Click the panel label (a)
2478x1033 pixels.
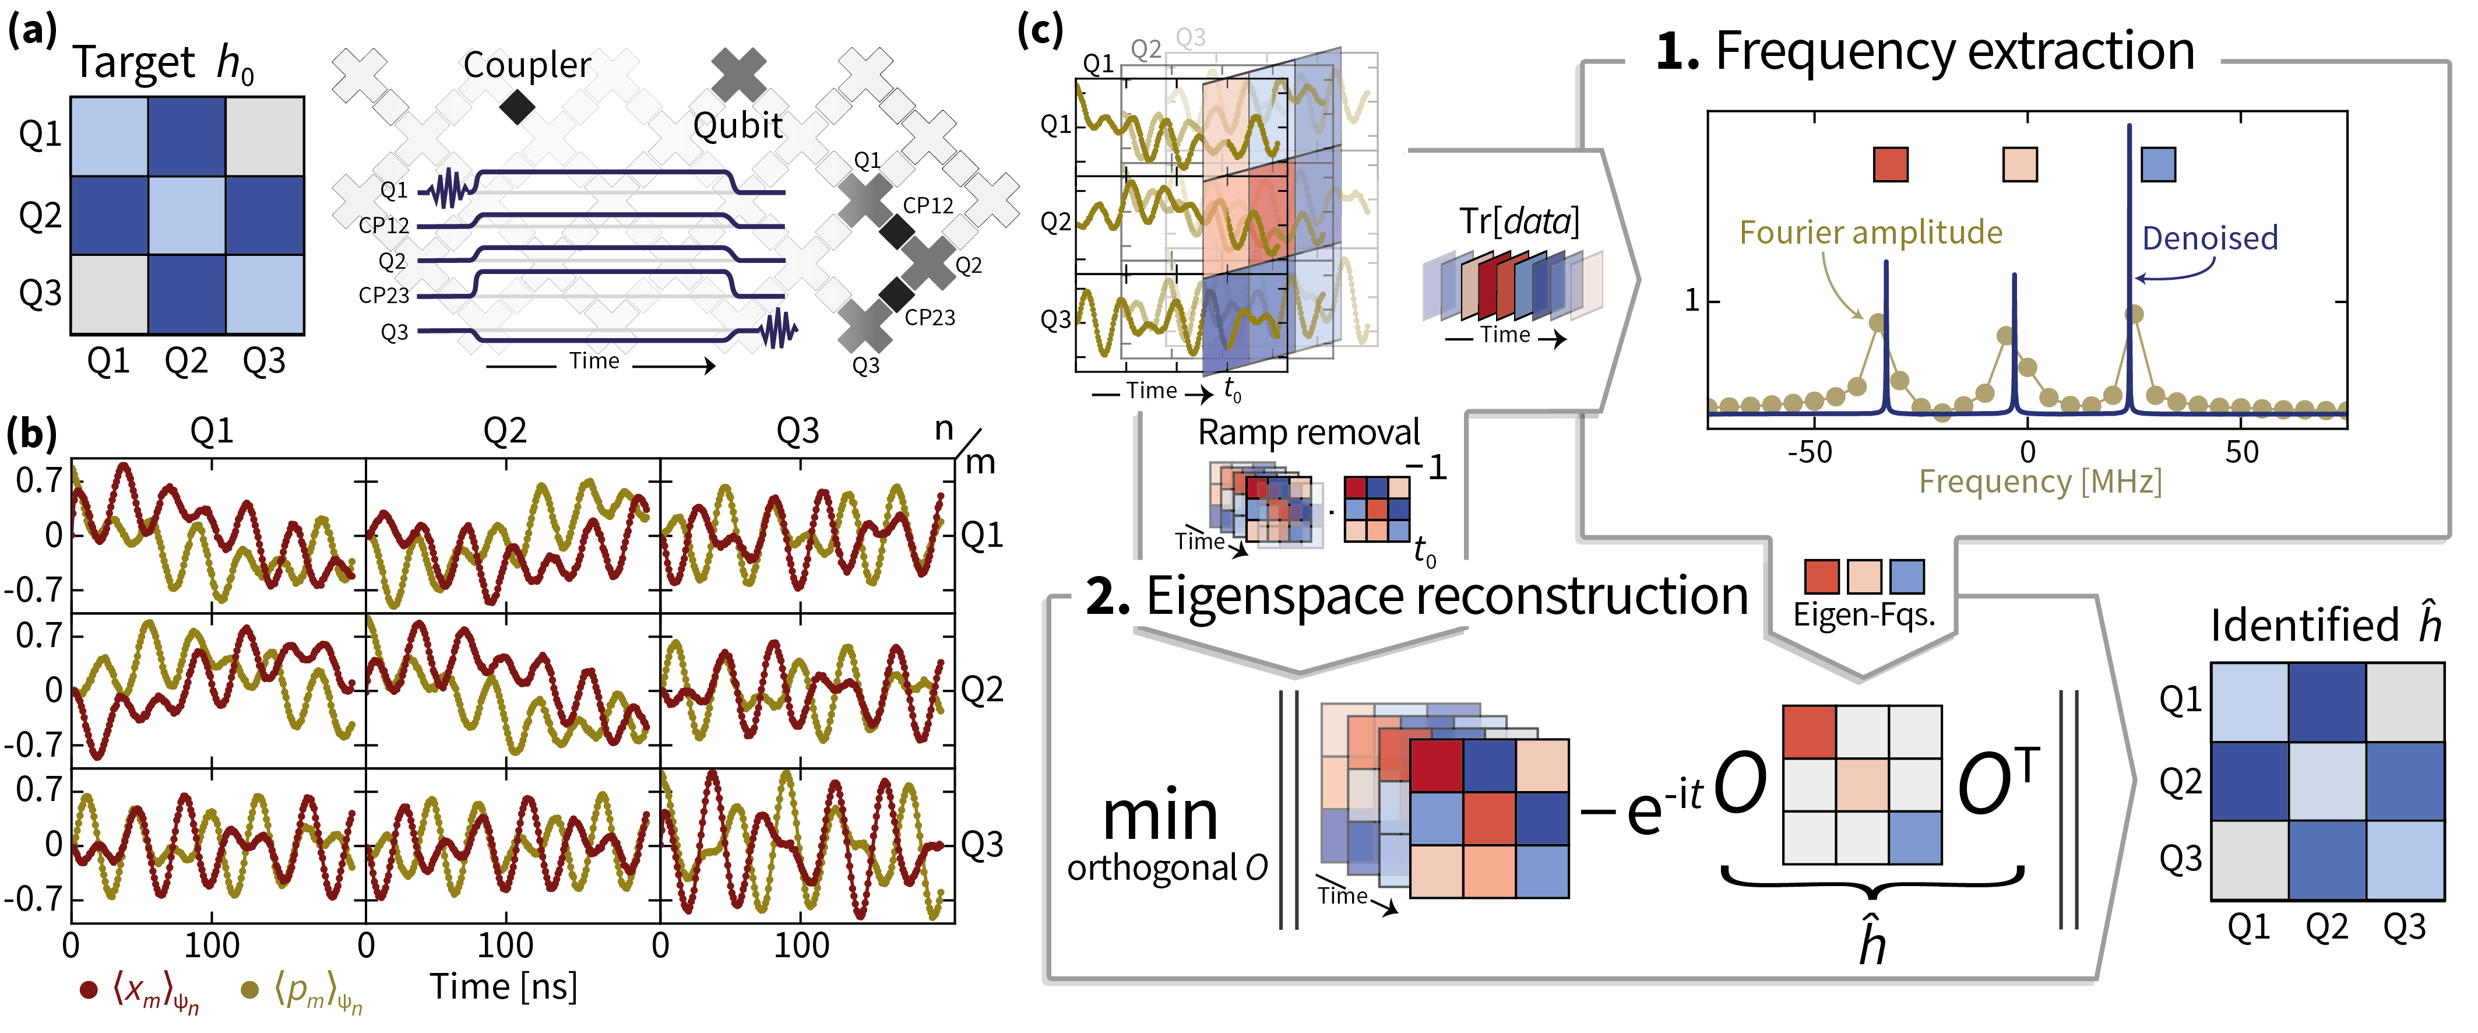point(31,31)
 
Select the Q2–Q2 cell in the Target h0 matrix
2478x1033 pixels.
point(186,215)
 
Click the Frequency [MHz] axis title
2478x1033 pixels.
point(2039,481)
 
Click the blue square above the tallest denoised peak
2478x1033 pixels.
point(2159,164)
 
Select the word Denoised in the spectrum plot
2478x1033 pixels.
point(2209,238)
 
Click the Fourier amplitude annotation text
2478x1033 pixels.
point(1870,233)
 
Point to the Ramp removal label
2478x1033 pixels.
point(1308,433)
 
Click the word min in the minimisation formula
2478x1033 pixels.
point(1160,816)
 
